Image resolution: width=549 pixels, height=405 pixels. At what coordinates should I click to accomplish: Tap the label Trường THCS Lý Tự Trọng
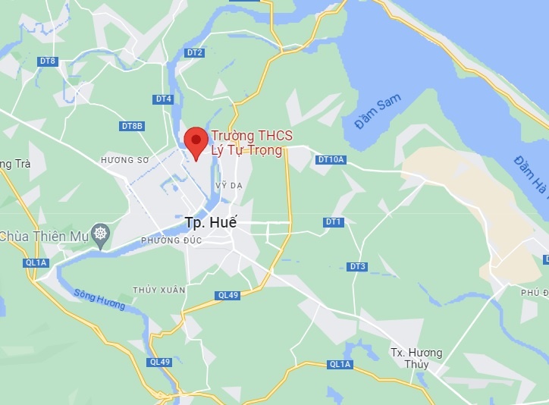tap(252, 143)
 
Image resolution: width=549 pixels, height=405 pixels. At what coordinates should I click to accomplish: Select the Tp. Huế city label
tap(211, 223)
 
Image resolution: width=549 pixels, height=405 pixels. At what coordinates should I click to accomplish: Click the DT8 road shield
tap(48, 61)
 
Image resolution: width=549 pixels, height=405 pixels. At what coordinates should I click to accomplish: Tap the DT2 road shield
tap(195, 52)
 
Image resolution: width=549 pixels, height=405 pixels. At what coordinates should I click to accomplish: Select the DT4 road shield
tap(163, 99)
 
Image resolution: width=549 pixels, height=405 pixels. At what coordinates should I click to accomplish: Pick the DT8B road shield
tap(132, 126)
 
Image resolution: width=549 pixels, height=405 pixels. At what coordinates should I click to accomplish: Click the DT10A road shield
tap(331, 159)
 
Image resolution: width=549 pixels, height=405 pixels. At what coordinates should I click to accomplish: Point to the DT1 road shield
tap(334, 222)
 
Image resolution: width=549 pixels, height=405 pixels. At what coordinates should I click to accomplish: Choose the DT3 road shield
tap(358, 267)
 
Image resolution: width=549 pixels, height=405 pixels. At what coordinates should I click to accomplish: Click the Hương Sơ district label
tap(123, 161)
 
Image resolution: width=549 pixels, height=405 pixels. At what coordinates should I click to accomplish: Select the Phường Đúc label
tap(164, 240)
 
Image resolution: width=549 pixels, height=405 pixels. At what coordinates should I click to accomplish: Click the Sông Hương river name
tap(99, 299)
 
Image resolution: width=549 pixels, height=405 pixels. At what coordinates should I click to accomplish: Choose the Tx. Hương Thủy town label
tap(416, 358)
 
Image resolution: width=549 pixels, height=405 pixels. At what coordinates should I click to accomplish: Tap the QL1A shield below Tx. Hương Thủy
tap(340, 364)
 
